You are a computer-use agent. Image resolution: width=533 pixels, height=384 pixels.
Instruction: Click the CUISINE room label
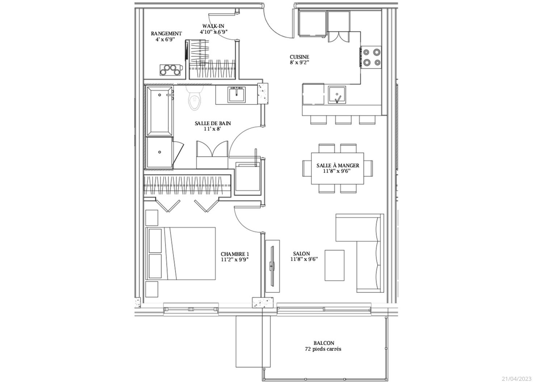(x=299, y=57)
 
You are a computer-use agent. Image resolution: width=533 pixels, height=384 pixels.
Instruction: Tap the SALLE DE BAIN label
(x=213, y=123)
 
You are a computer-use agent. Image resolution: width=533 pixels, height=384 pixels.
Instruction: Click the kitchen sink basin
(x=337, y=95)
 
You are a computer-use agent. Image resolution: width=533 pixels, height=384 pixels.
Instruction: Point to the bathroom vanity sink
(x=236, y=95)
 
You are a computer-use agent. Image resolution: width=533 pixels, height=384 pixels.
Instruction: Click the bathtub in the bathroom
(x=159, y=111)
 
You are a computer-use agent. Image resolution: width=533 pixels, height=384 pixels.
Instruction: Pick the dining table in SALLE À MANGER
(x=337, y=168)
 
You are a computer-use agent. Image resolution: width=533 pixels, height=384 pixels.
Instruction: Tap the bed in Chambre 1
(x=181, y=253)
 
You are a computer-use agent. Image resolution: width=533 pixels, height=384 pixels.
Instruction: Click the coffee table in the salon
(x=335, y=265)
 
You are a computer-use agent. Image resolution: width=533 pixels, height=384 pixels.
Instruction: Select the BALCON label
(x=324, y=343)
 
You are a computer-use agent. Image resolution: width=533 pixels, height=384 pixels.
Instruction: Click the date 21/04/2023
(x=516, y=379)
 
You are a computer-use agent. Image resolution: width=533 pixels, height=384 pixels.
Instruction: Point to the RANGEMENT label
(x=166, y=34)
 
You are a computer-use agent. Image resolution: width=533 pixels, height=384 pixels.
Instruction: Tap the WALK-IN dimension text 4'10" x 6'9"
(x=214, y=32)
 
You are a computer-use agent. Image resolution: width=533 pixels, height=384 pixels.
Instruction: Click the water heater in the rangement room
(x=171, y=70)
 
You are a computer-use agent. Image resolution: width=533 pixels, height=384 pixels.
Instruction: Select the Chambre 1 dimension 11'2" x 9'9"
(x=235, y=260)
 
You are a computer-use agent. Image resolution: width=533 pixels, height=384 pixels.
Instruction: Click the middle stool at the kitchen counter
(x=343, y=120)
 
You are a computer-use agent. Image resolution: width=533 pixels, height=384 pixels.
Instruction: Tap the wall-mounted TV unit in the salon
(x=272, y=266)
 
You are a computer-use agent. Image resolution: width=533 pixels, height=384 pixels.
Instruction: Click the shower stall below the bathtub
(x=159, y=153)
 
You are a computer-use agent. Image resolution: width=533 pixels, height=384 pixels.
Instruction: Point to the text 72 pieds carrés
(x=323, y=349)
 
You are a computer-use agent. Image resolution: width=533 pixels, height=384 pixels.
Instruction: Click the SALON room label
(x=302, y=254)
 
